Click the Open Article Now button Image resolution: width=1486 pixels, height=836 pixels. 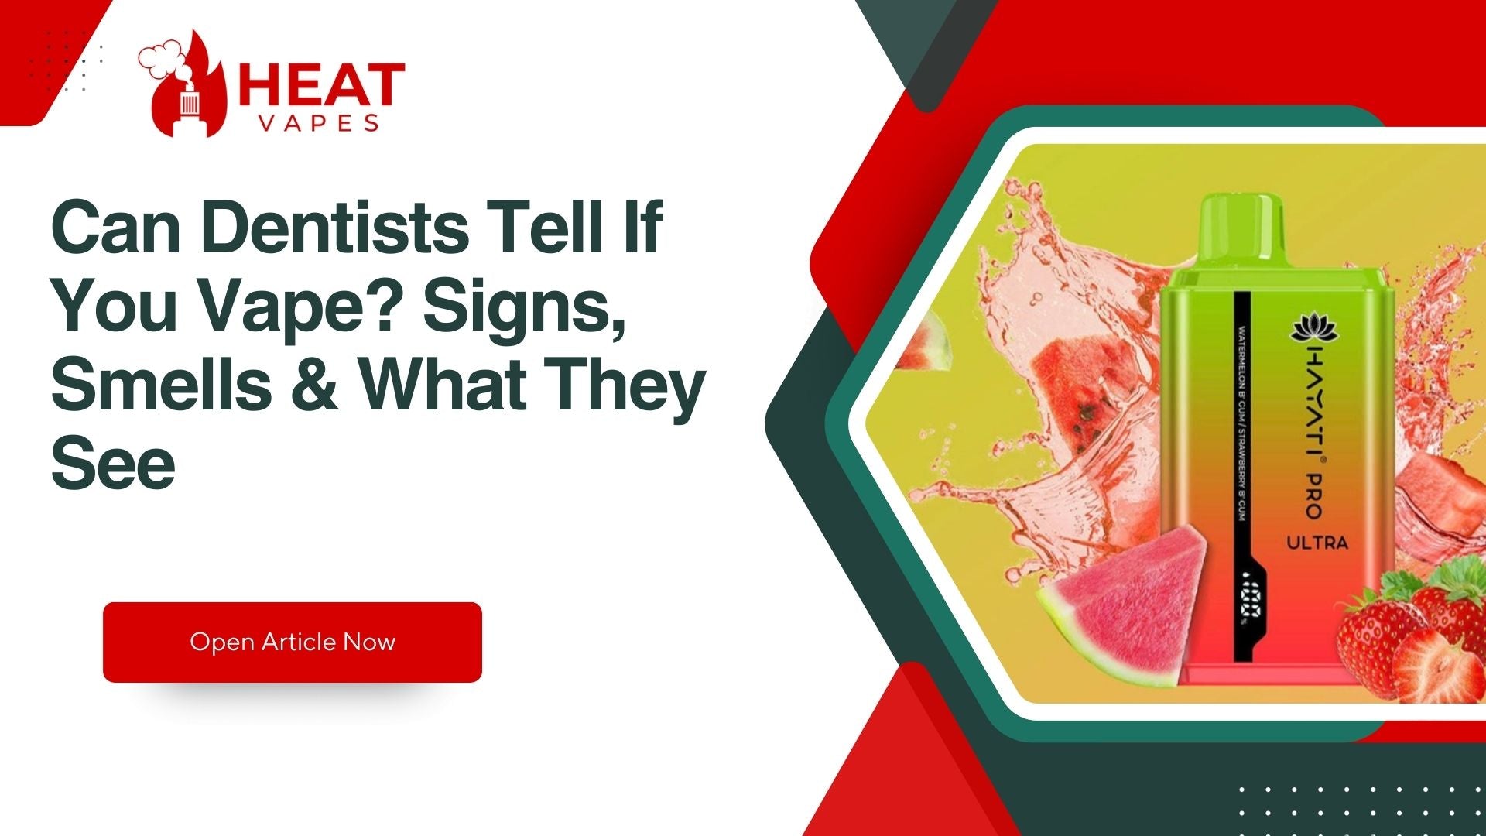[292, 642]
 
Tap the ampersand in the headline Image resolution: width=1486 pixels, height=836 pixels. [315, 385]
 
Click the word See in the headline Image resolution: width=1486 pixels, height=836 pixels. [113, 464]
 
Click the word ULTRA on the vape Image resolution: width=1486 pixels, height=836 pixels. [1317, 543]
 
